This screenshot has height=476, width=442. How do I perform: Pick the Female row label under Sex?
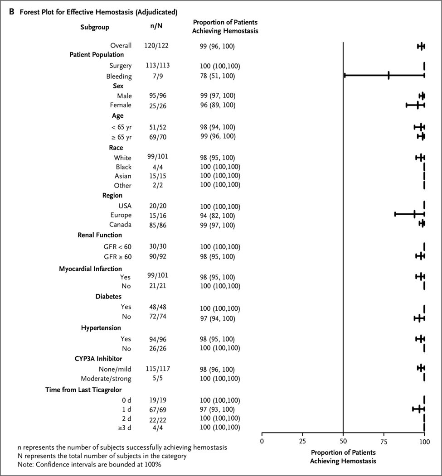[x=120, y=105]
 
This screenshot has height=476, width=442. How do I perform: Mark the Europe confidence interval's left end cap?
[x=395, y=214]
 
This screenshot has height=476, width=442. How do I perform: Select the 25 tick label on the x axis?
[x=302, y=441]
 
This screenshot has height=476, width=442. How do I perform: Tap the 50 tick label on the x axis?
[x=343, y=441]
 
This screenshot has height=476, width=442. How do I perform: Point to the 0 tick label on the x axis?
[x=262, y=441]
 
